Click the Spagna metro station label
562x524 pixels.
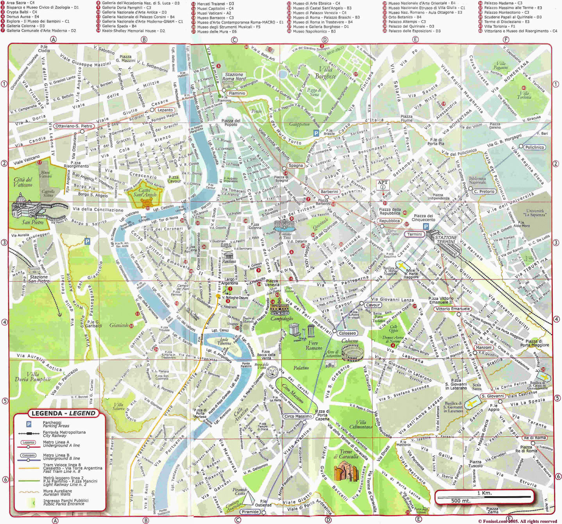(295, 165)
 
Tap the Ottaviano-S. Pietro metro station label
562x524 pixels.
(74, 126)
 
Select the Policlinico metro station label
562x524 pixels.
(534, 147)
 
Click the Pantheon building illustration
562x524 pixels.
(229, 257)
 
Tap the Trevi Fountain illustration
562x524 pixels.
(284, 226)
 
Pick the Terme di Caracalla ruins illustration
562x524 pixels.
(346, 471)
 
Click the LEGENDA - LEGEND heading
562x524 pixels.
(63, 413)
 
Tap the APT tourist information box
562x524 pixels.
(383, 184)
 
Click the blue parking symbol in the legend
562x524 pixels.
(29, 424)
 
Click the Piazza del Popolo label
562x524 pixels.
(231, 123)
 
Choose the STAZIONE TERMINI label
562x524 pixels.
(446, 240)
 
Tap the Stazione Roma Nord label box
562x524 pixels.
(234, 77)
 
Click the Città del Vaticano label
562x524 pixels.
(23, 182)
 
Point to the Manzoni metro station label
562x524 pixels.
(483, 347)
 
